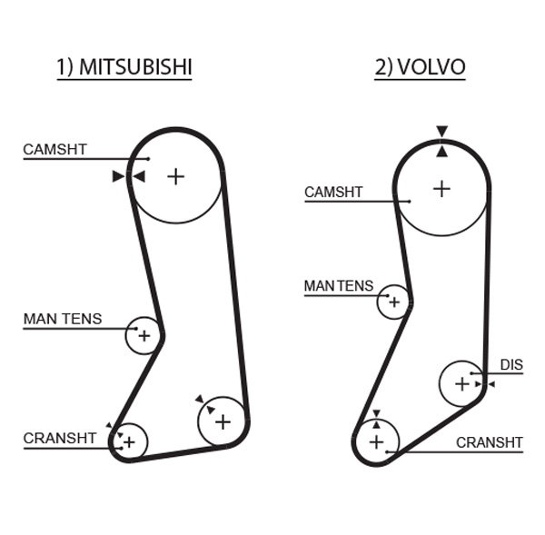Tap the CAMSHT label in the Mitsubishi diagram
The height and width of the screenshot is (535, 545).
[55, 149]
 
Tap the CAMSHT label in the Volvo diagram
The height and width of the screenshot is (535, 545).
[333, 193]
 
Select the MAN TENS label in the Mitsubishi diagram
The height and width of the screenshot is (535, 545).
[63, 320]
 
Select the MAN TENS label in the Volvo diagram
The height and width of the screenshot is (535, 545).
[339, 286]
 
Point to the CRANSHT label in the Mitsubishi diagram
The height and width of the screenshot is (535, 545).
[60, 438]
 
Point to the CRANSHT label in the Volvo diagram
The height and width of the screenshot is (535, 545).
[490, 443]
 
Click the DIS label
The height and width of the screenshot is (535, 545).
[511, 366]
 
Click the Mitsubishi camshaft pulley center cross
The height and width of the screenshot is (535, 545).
[175, 175]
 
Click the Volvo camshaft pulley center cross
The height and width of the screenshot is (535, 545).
[441, 189]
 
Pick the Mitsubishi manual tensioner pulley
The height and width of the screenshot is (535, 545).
[143, 335]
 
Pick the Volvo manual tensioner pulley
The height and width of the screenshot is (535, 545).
[394, 302]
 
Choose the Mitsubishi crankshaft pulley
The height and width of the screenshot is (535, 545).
[129, 441]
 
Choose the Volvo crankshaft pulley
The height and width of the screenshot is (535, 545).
[376, 443]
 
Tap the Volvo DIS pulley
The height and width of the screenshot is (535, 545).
[462, 383]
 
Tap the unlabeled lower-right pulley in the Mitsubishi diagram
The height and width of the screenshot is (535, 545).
[223, 421]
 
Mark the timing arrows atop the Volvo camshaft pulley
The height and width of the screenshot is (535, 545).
[441, 142]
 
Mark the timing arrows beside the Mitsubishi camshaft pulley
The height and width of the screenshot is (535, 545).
[128, 176]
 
